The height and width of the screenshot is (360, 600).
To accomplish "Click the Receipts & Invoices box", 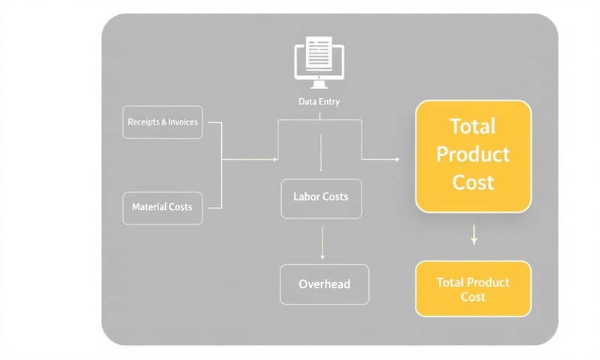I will (163, 121).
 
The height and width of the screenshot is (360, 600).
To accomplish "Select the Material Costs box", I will (162, 207).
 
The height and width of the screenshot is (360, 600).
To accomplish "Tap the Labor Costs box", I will (320, 197).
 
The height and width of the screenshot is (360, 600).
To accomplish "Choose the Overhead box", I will (324, 284).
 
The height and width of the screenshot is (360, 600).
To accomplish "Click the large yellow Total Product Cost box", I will (472, 155).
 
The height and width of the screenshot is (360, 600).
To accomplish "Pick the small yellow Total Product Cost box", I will (472, 289).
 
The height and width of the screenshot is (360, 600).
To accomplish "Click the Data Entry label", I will (319, 101).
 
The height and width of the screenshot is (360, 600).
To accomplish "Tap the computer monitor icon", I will (319, 60).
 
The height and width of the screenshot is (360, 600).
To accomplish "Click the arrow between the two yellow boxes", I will (474, 236).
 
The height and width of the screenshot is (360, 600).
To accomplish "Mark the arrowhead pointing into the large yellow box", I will (395, 159).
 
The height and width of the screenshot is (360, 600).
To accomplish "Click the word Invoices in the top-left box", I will (183, 121).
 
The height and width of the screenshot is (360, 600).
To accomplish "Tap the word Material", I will (148, 207).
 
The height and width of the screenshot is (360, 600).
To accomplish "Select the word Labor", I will (306, 196).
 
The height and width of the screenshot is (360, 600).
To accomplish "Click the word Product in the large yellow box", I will (472, 154).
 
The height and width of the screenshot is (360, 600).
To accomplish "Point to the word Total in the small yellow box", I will (450, 283).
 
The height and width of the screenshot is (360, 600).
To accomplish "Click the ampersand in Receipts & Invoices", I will (164, 121).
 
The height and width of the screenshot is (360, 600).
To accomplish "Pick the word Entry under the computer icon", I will (329, 101).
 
